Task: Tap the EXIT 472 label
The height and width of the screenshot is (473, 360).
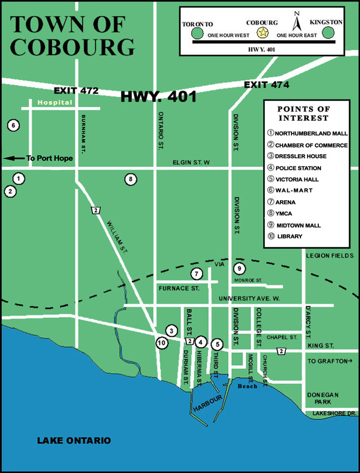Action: click(76, 90)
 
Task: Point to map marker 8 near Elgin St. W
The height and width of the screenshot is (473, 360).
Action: click(130, 179)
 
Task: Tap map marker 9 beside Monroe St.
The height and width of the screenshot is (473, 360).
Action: click(239, 269)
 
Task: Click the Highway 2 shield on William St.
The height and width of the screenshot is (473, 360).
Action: click(96, 210)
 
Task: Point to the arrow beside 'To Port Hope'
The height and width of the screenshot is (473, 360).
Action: click(14, 159)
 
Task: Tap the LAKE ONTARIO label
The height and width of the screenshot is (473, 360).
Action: click(74, 441)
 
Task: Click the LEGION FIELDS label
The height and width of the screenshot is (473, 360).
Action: click(329, 255)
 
